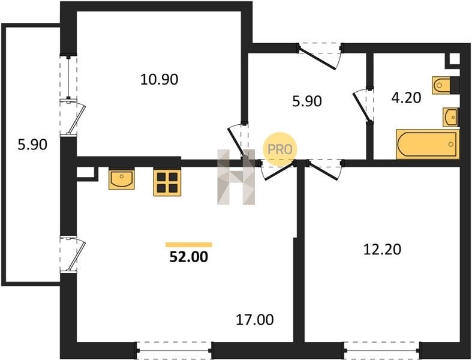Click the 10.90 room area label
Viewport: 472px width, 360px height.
click(x=160, y=80)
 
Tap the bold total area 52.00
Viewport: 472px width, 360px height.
click(x=189, y=257)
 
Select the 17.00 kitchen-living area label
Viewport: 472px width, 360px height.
click(x=255, y=320)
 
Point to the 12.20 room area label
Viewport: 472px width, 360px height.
click(x=382, y=250)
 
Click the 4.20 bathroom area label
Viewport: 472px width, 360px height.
click(x=407, y=98)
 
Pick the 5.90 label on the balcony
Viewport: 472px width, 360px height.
click(x=32, y=145)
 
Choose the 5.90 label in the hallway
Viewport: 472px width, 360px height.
click(x=307, y=101)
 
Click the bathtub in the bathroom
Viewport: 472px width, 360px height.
click(x=428, y=144)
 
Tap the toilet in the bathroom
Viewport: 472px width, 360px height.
click(x=446, y=85)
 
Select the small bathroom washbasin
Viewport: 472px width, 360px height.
click(x=450, y=117)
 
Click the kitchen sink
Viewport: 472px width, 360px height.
click(x=122, y=179)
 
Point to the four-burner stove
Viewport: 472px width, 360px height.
click(x=167, y=183)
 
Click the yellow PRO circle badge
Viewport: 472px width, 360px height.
click(x=280, y=149)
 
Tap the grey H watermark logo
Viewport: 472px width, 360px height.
click(x=236, y=177)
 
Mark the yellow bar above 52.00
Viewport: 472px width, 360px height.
click(x=189, y=245)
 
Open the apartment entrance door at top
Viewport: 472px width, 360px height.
click(x=320, y=56)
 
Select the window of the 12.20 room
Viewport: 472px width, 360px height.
click(x=382, y=350)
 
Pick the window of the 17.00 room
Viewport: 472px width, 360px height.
click(x=175, y=350)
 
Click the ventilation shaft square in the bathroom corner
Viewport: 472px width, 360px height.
click(x=453, y=60)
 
